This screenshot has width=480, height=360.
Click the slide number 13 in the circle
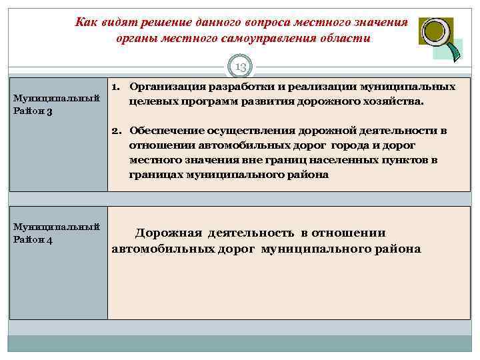point(241,67)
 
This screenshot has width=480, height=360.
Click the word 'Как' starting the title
point(87,22)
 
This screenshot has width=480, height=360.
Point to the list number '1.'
point(116,87)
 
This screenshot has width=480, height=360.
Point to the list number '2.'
point(116,131)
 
